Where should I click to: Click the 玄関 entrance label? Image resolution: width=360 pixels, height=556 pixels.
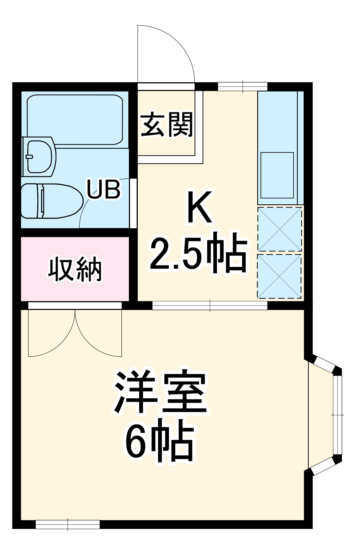[167, 125]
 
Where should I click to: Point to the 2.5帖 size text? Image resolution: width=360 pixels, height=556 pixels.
[198, 252]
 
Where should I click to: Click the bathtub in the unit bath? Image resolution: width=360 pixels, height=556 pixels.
[75, 120]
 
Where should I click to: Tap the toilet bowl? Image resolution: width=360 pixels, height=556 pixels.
[53, 200]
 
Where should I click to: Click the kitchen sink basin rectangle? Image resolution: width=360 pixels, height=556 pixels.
[277, 175]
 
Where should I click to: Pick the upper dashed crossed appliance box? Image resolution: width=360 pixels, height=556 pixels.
[279, 229]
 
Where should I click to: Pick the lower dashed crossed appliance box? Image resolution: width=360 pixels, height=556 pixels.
[279, 276]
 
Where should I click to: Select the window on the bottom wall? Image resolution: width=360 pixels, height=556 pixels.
[67, 524]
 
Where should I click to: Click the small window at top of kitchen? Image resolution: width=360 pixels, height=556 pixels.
[242, 86]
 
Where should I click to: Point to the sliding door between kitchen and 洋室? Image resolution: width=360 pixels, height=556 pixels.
[210, 306]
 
